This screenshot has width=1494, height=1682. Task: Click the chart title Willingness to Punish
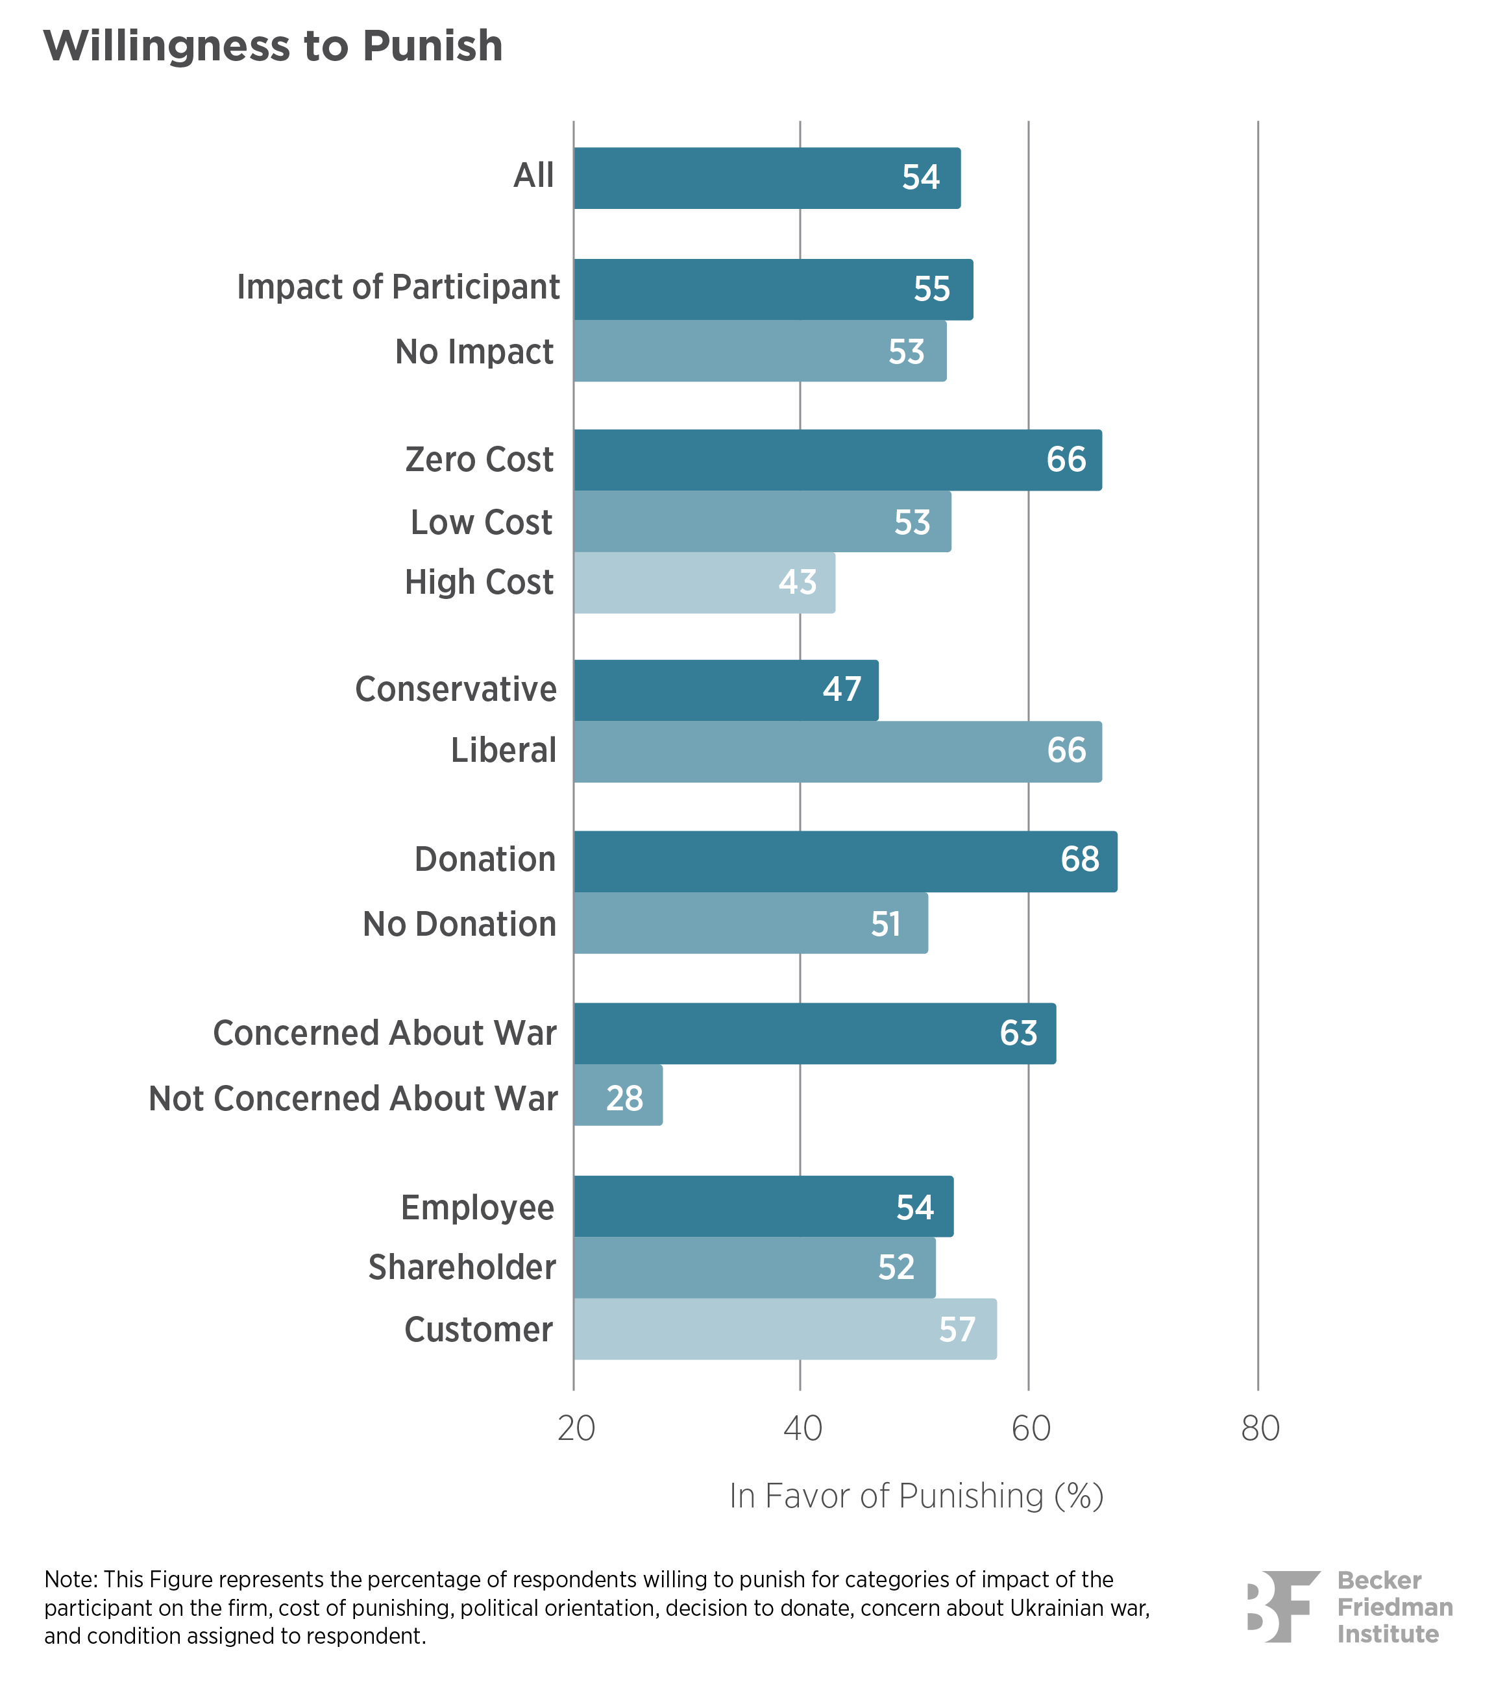click(x=273, y=46)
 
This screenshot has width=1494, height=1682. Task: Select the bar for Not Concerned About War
click(x=618, y=1095)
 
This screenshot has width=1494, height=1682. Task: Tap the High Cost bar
click(x=705, y=583)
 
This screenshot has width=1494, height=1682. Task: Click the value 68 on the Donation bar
click(x=1079, y=859)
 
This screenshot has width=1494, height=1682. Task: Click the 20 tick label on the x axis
click(x=576, y=1430)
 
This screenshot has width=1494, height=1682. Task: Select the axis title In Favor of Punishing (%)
click(x=916, y=1496)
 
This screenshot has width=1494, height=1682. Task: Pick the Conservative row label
click(x=455, y=690)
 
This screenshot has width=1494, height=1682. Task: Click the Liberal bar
click(x=838, y=751)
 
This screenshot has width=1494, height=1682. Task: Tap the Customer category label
click(x=478, y=1330)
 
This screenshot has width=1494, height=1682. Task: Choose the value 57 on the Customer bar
click(x=957, y=1330)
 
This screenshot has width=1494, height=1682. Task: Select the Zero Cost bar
click(x=838, y=460)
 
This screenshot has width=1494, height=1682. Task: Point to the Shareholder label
click(x=462, y=1267)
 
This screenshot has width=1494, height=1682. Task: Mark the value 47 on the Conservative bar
click(x=841, y=690)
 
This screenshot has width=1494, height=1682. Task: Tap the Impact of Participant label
click(x=398, y=287)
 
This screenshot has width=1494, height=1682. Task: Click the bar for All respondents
click(x=767, y=178)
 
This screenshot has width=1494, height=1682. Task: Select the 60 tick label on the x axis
click(x=1031, y=1430)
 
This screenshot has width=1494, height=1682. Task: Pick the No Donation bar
click(x=751, y=923)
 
